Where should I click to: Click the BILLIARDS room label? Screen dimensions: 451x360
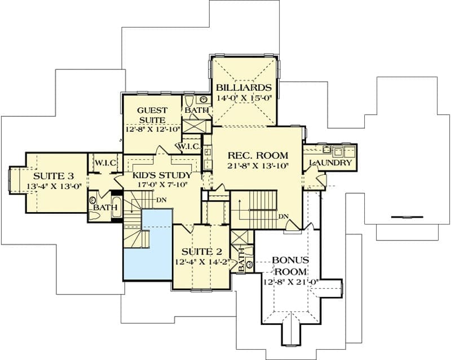pos(244,87)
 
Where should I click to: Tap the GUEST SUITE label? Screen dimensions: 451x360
pos(152,115)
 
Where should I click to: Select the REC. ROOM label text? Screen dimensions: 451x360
pos(258,155)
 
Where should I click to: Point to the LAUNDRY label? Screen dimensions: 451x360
pos(330,163)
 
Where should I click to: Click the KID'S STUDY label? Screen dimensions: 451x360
pos(162,175)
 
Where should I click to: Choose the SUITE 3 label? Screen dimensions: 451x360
pos(54,175)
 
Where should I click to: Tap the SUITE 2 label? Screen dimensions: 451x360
pos(202,252)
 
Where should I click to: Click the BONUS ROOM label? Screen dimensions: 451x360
pos(290,266)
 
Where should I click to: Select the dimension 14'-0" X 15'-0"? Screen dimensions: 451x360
pos(244,98)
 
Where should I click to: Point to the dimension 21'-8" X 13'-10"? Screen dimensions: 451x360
pos(258,165)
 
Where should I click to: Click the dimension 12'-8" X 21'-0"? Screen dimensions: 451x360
pos(290,282)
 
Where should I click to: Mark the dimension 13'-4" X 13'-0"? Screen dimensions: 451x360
pos(54,186)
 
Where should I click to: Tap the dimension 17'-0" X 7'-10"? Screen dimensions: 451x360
pos(162,185)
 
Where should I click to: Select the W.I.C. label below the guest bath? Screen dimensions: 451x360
pos(189,146)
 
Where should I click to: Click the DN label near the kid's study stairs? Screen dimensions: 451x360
pos(162,200)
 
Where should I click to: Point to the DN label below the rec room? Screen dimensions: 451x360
pos(284,217)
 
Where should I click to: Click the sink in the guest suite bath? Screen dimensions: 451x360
pos(204,99)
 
